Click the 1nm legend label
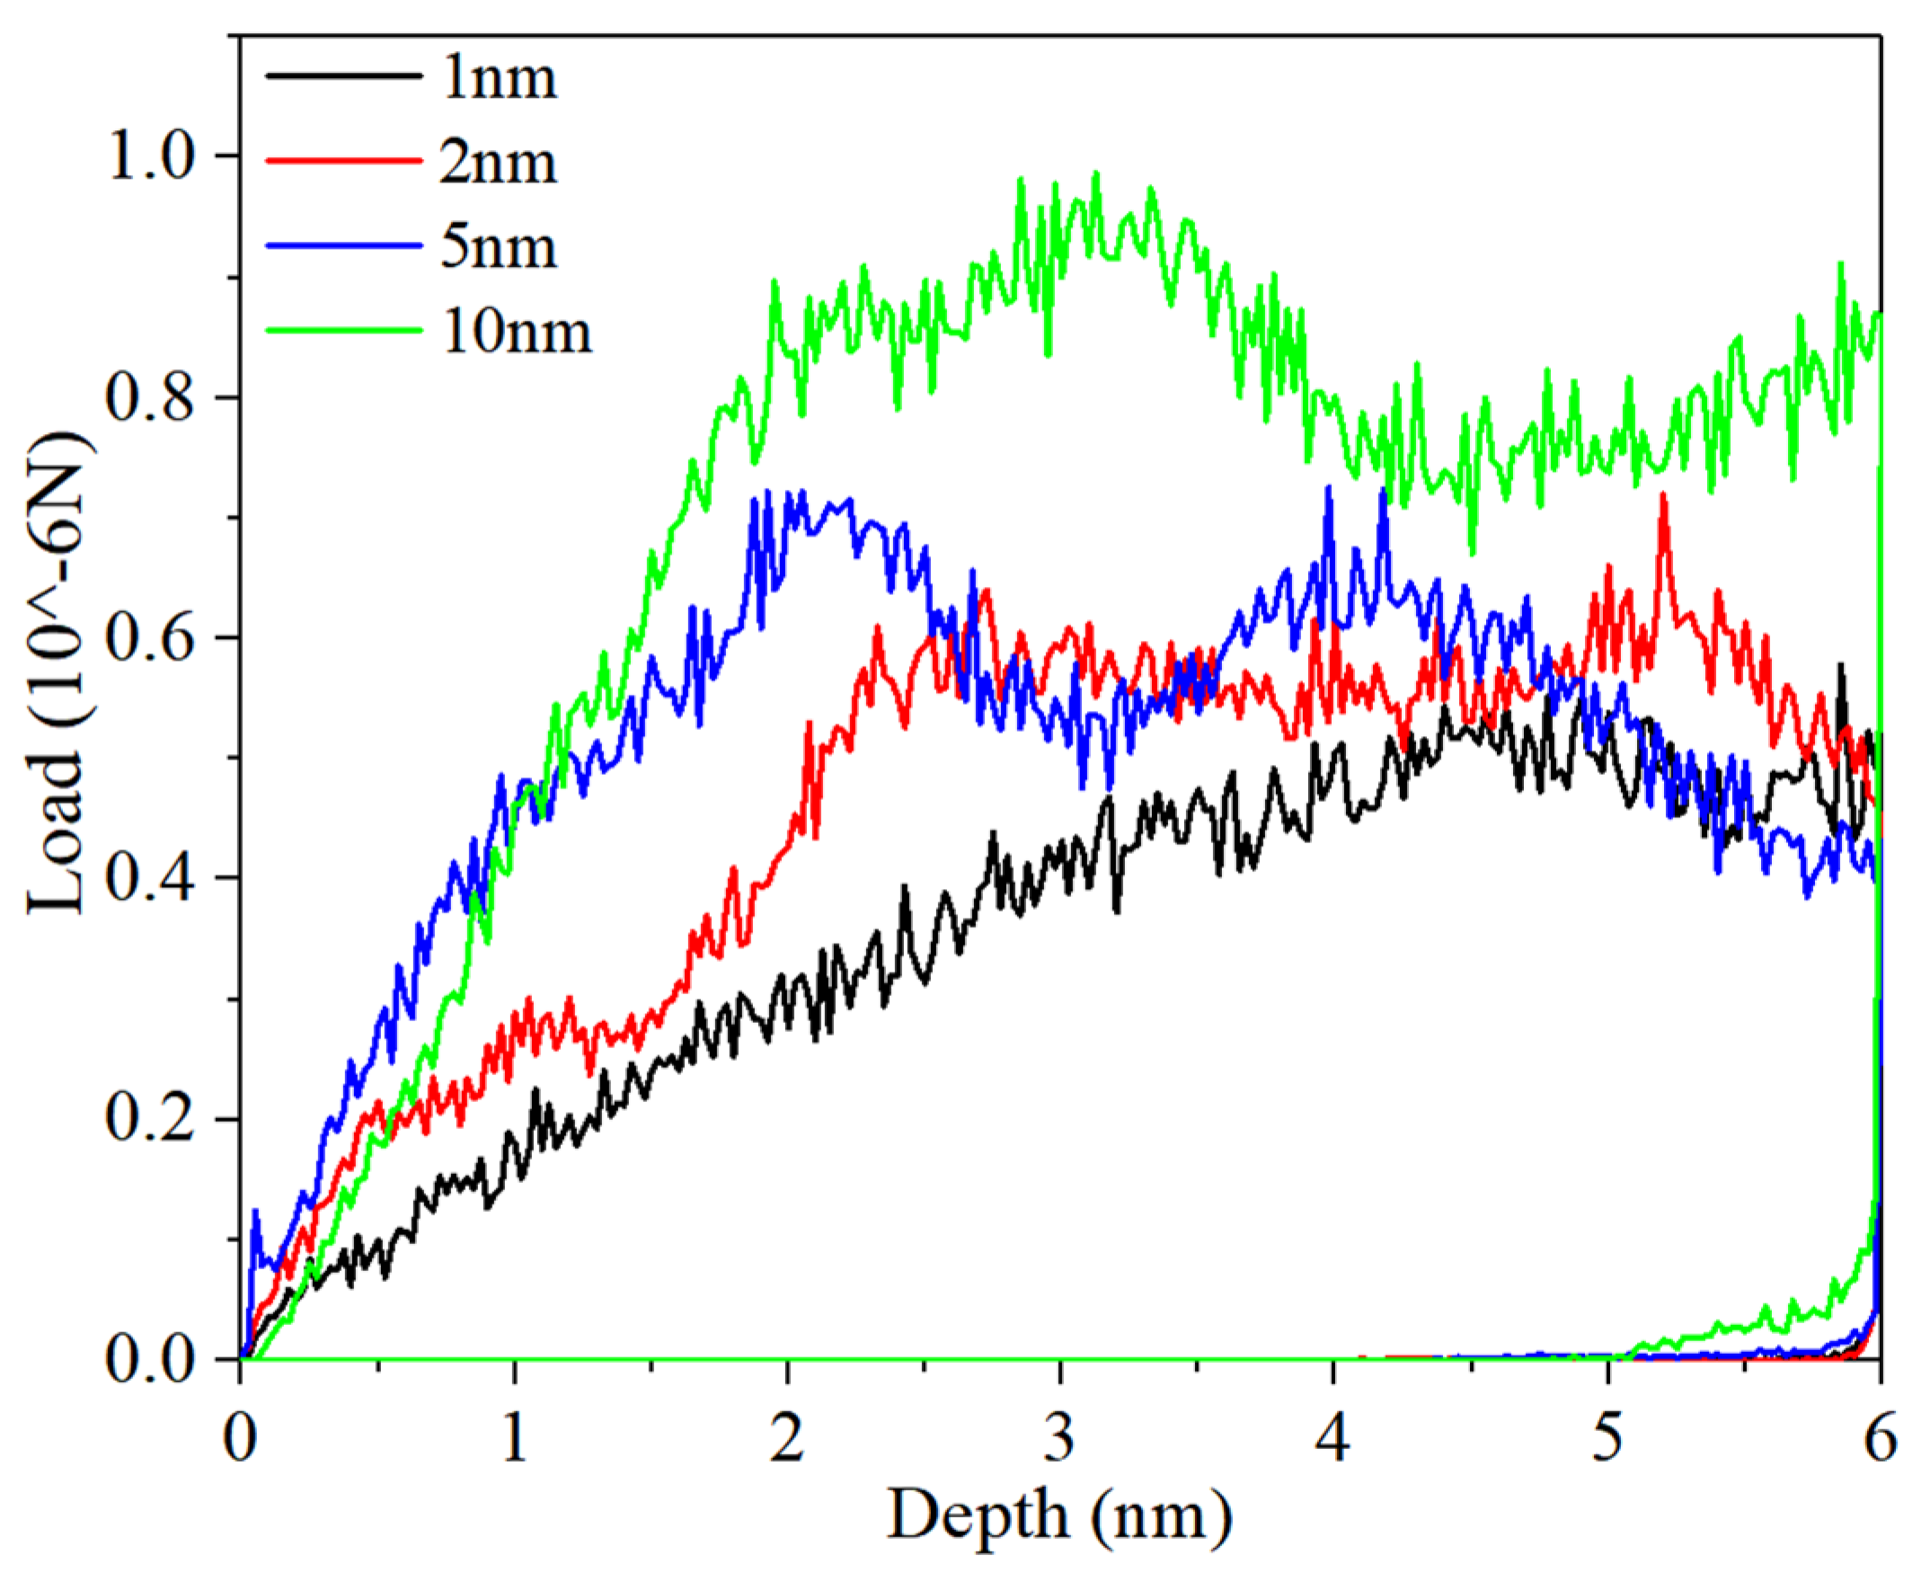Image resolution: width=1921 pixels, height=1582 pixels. (499, 78)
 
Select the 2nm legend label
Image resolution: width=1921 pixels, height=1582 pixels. (499, 163)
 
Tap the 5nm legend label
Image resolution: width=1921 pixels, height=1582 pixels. (499, 247)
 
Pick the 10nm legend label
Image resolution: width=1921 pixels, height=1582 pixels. (517, 332)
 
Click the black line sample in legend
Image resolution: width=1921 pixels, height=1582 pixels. (343, 75)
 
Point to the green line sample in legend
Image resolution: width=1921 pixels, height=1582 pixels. (343, 330)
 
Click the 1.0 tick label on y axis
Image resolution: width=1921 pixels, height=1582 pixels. (152, 156)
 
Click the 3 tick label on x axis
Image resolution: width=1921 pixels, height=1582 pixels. (1059, 1440)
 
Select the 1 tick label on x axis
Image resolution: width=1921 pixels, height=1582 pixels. (515, 1440)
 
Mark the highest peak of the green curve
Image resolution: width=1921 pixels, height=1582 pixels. (1096, 173)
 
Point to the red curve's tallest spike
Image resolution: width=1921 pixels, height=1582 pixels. (1663, 495)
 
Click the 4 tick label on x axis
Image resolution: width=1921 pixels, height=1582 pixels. (1333, 1440)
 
